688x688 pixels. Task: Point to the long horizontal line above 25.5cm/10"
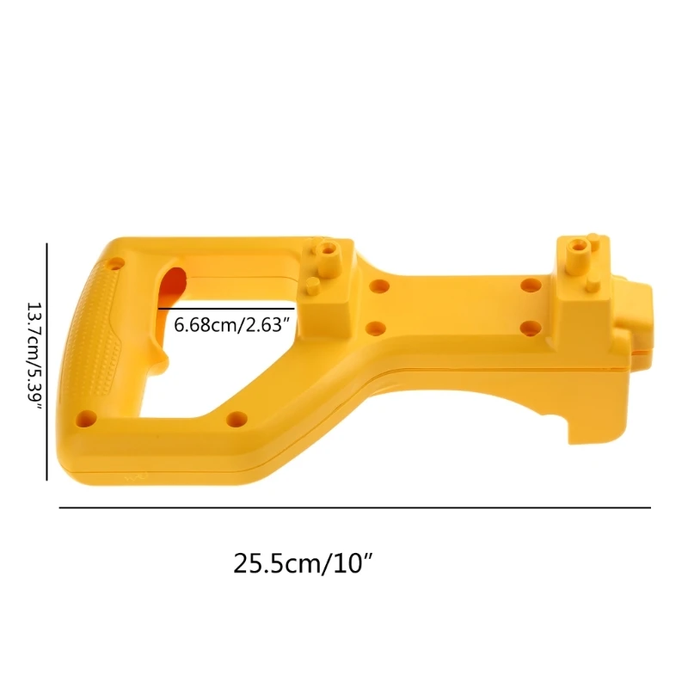coord(354,508)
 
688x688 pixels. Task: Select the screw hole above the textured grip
coord(115,261)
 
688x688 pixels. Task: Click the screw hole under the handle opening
coord(236,419)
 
